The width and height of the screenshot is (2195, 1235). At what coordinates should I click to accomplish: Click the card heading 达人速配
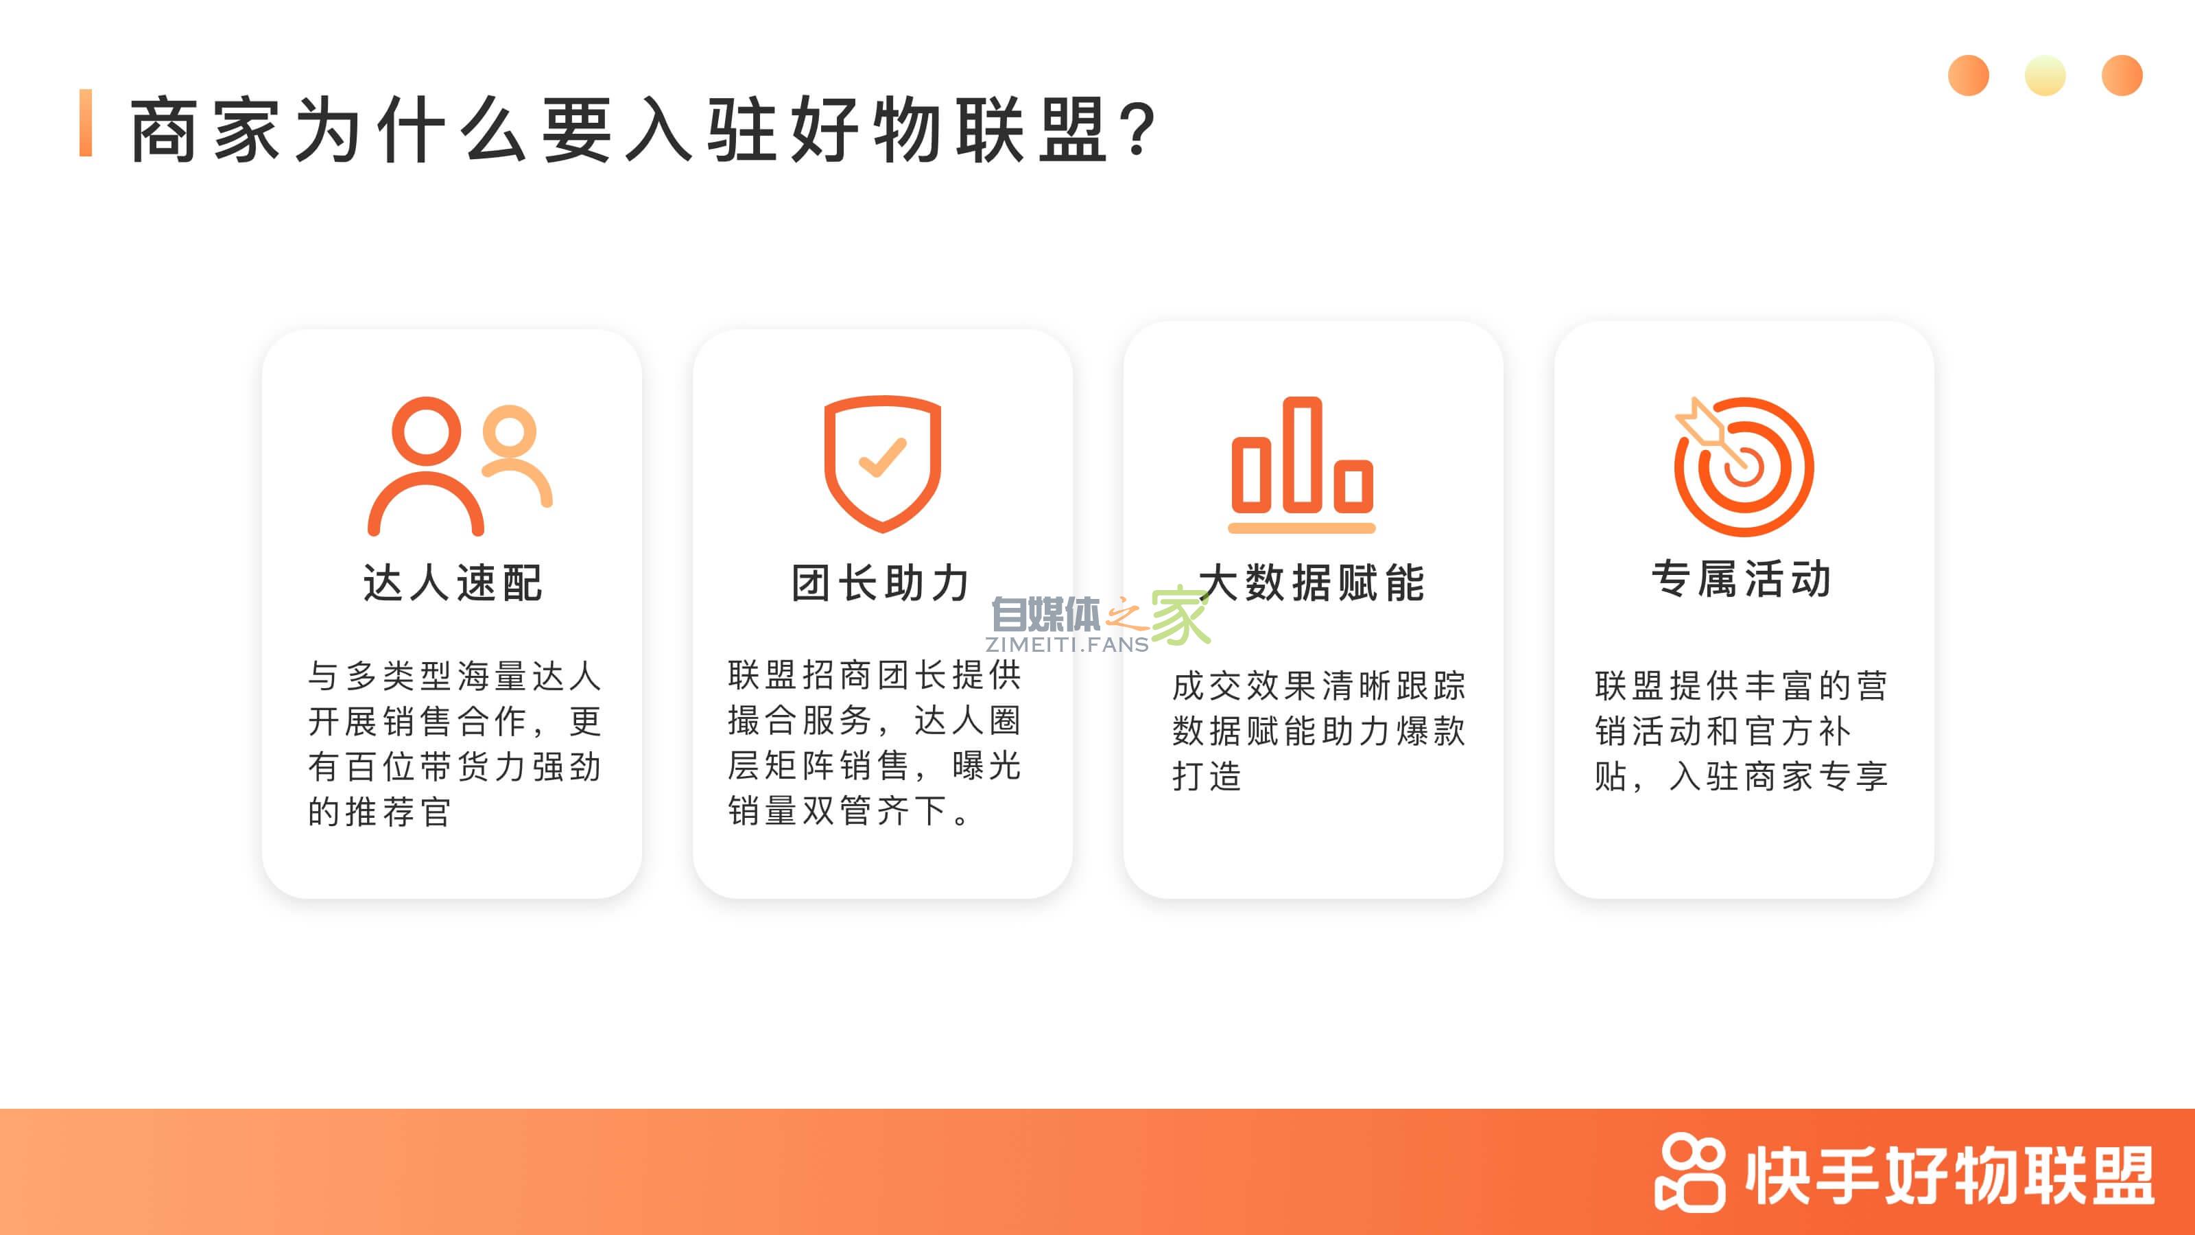point(453,583)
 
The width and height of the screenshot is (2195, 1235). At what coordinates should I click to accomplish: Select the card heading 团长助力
point(881,583)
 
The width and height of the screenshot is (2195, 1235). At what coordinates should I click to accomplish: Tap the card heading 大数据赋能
point(1312,583)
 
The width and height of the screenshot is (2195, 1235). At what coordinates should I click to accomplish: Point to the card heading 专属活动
point(1742,580)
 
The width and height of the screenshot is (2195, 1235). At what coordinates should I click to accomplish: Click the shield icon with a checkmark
point(882,463)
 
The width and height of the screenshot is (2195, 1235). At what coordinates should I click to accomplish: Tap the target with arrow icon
point(1744,467)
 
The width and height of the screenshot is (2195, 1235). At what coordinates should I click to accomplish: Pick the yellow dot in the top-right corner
point(2045,76)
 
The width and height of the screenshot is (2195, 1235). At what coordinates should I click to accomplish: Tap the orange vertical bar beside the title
point(85,123)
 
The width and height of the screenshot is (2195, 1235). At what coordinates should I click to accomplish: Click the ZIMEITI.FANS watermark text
point(1067,644)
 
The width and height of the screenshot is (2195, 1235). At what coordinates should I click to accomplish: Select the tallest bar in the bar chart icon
point(1301,454)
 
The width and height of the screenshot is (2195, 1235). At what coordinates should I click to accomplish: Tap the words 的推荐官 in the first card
point(379,812)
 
